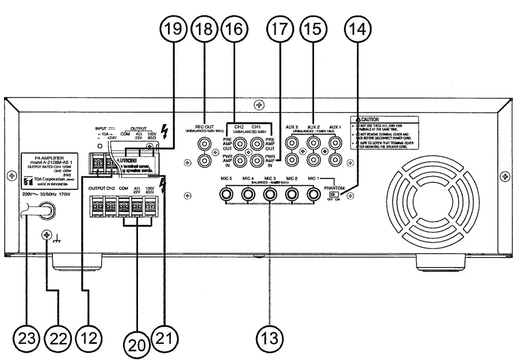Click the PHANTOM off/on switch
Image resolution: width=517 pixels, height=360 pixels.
pyautogui.click(x=332, y=194)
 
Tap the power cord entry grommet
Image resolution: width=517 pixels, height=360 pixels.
pyautogui.click(x=44, y=212)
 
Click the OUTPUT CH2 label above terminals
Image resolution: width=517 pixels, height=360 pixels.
pyautogui.click(x=101, y=188)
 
